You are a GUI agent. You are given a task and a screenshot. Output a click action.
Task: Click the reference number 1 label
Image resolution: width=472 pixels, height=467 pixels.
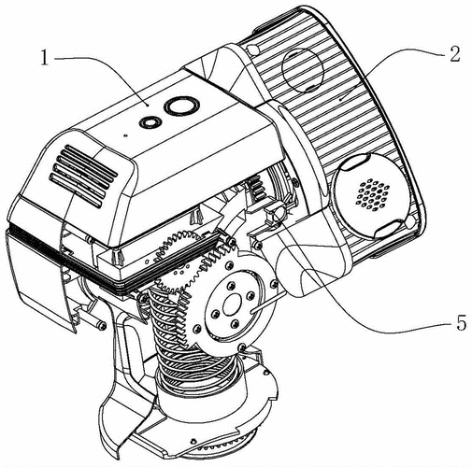[46, 58]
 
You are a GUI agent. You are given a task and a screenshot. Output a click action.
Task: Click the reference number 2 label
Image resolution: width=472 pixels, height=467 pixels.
[454, 53]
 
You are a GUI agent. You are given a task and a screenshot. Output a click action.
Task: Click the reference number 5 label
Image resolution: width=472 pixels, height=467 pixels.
[461, 322]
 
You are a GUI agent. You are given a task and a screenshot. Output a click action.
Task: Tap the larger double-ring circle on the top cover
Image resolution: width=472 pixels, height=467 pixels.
[181, 106]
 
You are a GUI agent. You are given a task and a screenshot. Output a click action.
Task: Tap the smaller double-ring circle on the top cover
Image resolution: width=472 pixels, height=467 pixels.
[150, 122]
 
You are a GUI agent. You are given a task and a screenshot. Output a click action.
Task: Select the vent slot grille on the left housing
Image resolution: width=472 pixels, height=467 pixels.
[83, 176]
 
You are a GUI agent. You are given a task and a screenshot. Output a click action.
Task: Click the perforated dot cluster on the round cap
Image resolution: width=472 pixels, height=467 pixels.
[373, 192]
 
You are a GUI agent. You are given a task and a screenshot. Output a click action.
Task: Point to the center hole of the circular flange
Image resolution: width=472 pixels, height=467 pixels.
[231, 304]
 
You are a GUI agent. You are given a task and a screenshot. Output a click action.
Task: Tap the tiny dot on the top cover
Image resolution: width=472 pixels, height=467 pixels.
[125, 135]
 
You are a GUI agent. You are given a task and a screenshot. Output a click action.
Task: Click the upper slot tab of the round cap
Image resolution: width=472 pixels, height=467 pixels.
[355, 163]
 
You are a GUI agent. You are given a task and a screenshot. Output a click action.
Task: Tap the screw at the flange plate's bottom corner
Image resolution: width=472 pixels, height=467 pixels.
[242, 347]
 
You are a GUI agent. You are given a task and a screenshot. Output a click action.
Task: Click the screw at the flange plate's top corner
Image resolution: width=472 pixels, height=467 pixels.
[229, 265]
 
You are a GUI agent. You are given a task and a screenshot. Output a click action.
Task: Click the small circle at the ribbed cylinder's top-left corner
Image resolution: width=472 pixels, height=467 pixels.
[254, 50]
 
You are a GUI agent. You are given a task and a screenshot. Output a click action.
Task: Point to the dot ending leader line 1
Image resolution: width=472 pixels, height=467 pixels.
[148, 106]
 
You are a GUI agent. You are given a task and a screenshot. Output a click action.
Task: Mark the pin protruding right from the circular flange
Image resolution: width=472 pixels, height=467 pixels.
[268, 302]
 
